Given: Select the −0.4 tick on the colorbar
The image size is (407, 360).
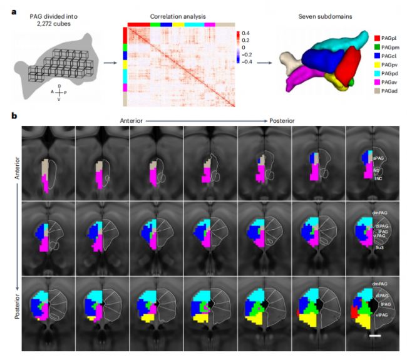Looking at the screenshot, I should (x=247, y=61).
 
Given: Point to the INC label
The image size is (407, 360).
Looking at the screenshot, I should (x=378, y=178).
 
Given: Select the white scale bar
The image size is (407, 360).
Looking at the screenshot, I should (x=374, y=337).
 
